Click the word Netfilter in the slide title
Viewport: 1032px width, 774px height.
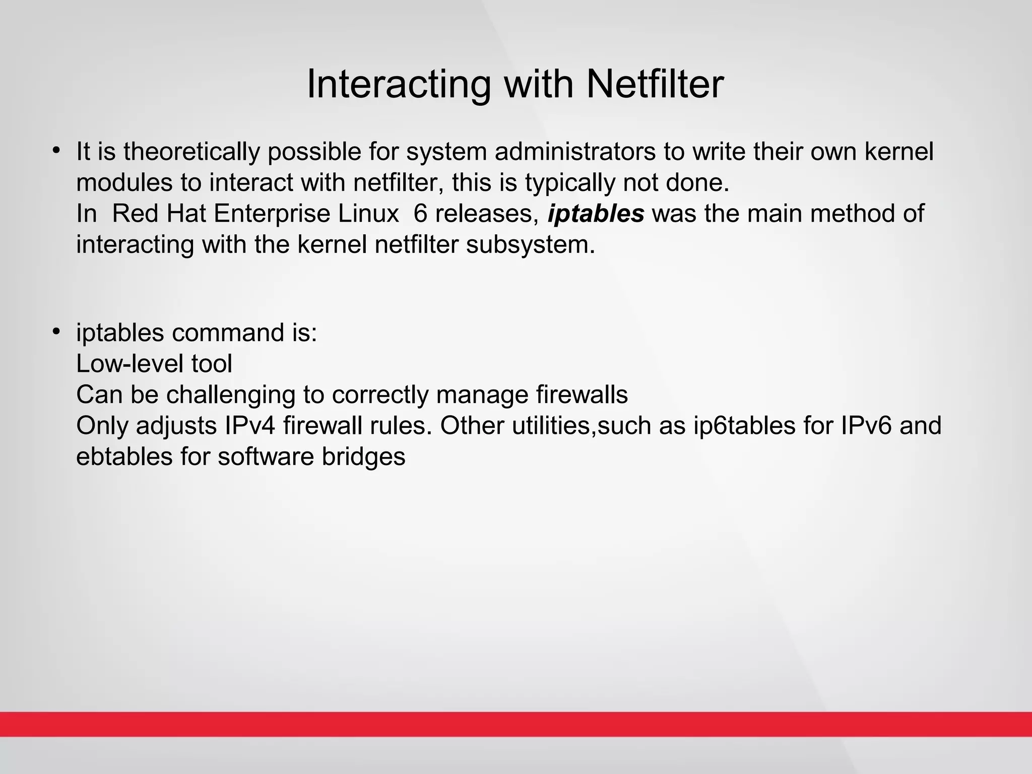[655, 84]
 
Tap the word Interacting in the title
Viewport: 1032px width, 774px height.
[398, 84]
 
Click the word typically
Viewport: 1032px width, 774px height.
[570, 183]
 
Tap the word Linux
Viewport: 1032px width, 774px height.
[368, 214]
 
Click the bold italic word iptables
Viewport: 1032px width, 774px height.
[596, 214]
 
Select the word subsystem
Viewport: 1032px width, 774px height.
[531, 245]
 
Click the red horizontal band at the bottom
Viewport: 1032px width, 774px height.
[516, 724]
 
